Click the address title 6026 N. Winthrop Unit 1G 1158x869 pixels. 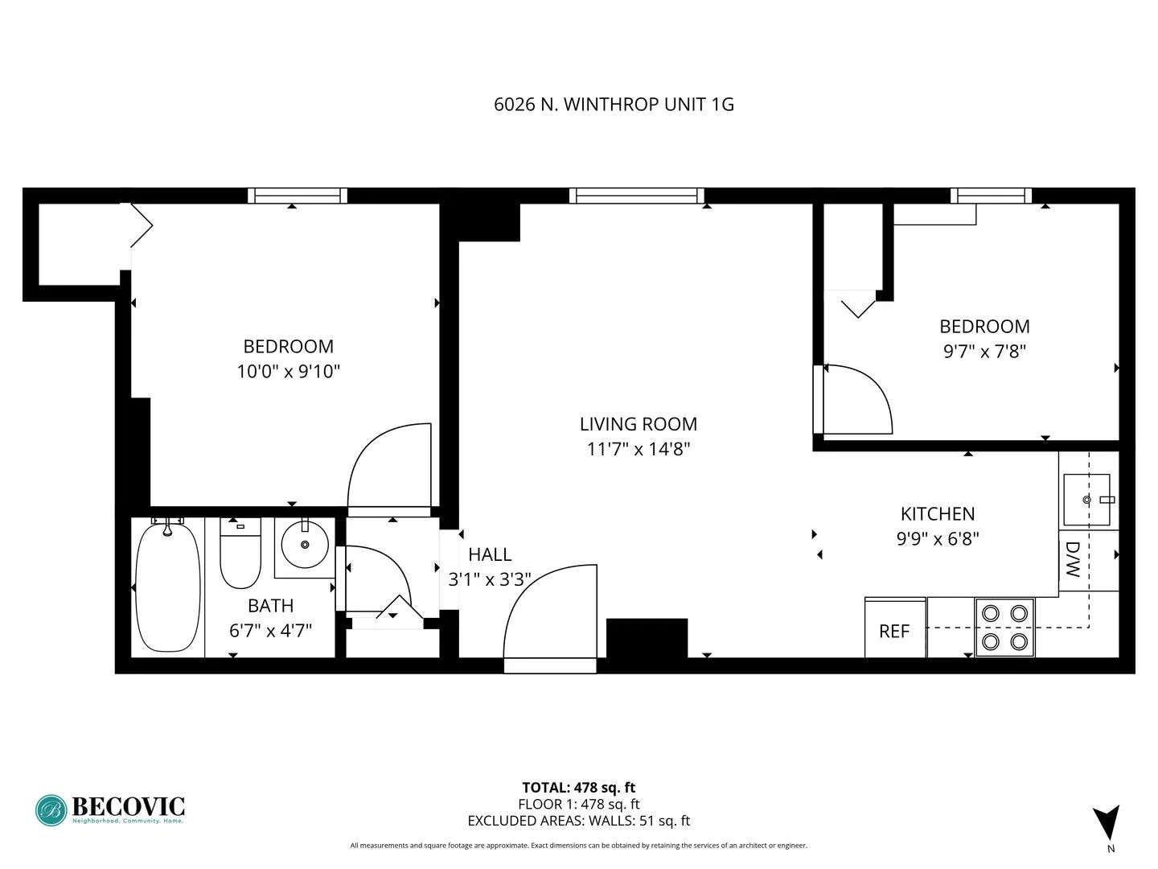click(614, 104)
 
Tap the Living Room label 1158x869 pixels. click(639, 424)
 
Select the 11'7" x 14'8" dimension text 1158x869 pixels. click(639, 449)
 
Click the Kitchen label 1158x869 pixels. click(938, 513)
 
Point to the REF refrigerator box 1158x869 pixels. click(895, 629)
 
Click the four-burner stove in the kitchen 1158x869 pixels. click(1004, 627)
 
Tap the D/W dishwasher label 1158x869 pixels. click(1073, 560)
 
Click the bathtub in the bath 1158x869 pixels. click(167, 586)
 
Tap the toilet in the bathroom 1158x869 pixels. click(240, 555)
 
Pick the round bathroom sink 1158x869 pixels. click(305, 545)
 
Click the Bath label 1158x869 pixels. click(270, 606)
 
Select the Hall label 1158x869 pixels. click(490, 554)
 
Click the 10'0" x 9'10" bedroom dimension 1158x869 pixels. click(289, 371)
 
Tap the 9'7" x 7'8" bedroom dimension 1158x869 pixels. click(984, 351)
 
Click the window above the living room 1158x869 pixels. click(636, 196)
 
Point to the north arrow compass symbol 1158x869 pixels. click(1106, 822)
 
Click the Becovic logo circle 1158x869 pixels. click(51, 810)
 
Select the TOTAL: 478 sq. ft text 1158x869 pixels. click(579, 788)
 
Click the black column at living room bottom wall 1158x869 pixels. click(647, 638)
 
